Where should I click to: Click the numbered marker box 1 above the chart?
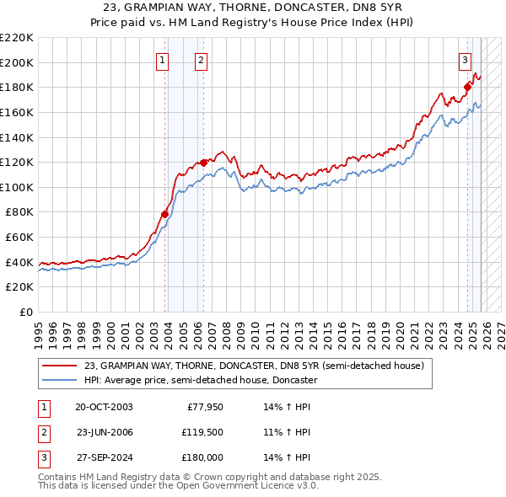(x=161, y=60)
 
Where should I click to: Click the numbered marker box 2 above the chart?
(x=202, y=60)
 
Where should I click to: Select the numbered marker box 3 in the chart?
(x=465, y=60)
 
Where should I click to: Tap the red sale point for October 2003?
(x=164, y=214)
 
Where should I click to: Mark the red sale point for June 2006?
(x=203, y=162)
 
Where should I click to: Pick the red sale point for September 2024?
(x=467, y=85)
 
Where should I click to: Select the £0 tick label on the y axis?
(x=25, y=312)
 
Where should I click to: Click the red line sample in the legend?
(x=60, y=366)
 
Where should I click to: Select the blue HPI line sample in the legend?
(x=60, y=380)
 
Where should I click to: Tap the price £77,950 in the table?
(x=203, y=406)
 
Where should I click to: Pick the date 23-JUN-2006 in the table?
(x=104, y=432)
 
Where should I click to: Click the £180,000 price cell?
(x=202, y=458)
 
